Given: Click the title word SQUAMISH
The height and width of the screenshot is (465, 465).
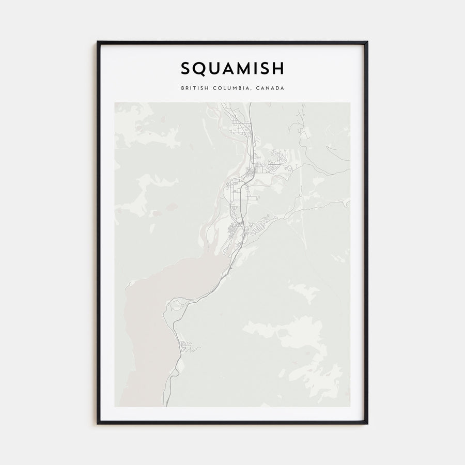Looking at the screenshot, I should [x=232, y=68].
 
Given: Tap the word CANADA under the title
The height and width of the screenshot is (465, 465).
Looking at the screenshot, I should [x=269, y=88].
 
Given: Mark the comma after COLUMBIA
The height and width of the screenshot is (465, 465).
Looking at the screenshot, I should [x=251, y=90].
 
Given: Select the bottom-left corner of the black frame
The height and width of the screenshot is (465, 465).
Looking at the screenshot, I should [x=98, y=423].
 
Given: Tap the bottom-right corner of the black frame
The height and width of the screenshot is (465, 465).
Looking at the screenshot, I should [x=367, y=423].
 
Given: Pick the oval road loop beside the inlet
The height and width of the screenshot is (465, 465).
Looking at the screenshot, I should [x=177, y=306].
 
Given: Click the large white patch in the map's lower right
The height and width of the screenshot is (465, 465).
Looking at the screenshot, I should [x=289, y=336].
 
